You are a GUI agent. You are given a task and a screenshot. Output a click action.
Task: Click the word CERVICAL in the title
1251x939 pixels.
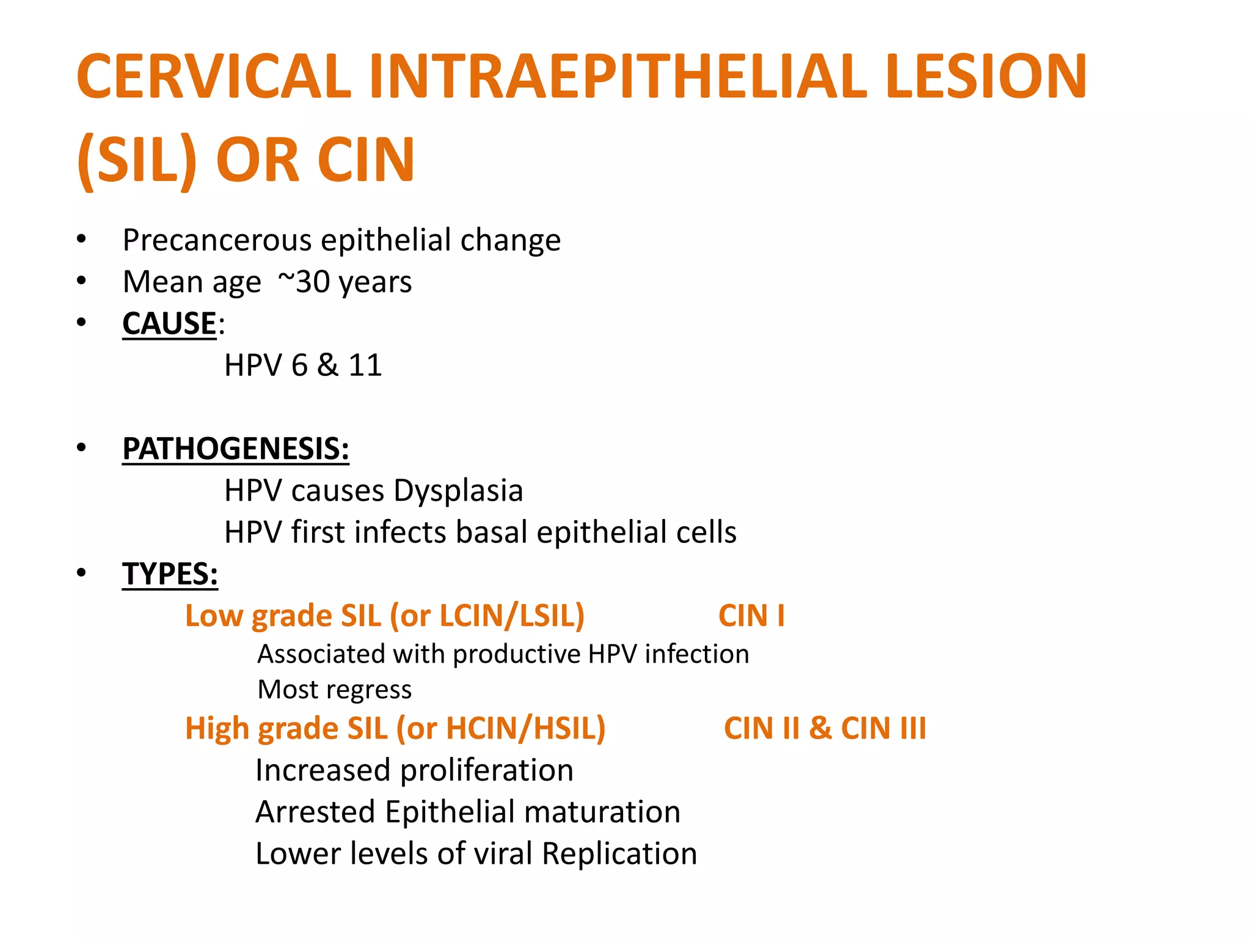214,76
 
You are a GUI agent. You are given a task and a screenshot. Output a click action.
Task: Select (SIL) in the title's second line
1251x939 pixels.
137,160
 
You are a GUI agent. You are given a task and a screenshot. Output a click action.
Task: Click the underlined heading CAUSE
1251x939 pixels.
169,323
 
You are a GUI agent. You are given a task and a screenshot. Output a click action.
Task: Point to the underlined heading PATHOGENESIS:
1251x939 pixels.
236,449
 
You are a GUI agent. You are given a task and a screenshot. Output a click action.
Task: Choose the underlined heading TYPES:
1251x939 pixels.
170,574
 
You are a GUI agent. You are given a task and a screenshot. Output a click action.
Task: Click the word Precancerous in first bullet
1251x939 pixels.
217,240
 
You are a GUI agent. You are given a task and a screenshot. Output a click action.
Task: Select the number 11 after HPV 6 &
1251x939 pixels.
365,366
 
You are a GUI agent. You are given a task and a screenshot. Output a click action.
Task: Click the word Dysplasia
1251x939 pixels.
458,491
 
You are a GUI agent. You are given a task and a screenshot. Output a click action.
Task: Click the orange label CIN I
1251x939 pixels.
751,616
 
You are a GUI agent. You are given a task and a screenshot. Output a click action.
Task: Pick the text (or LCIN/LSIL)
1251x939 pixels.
487,616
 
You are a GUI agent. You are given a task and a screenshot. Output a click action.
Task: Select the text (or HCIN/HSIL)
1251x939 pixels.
500,729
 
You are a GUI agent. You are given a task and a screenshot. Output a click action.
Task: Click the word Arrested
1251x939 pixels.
315,812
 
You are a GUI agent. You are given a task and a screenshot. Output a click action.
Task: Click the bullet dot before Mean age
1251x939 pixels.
82,281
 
